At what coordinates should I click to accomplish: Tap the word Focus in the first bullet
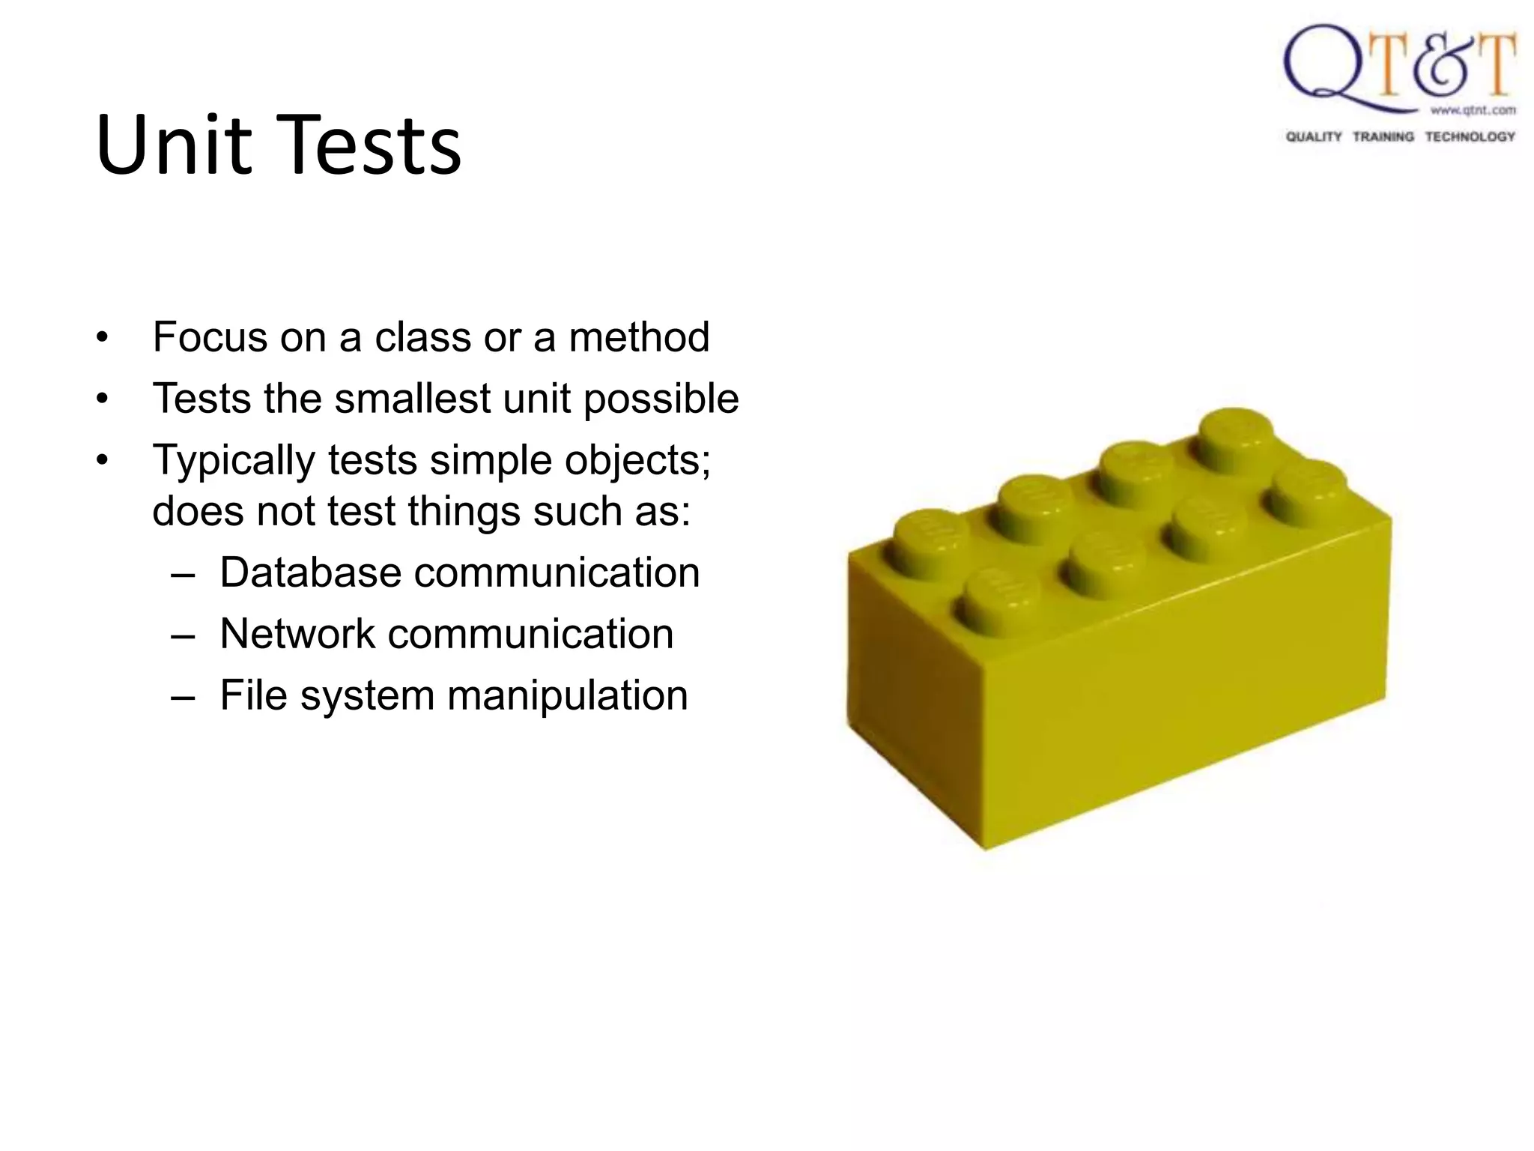(x=210, y=337)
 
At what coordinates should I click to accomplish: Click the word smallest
(x=413, y=399)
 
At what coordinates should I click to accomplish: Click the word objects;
(x=637, y=461)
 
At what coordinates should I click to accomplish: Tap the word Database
(x=310, y=573)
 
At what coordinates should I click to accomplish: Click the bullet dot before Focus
(x=103, y=338)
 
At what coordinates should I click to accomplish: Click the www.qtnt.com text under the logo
(x=1473, y=110)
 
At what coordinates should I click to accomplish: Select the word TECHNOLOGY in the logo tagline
(x=1470, y=136)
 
